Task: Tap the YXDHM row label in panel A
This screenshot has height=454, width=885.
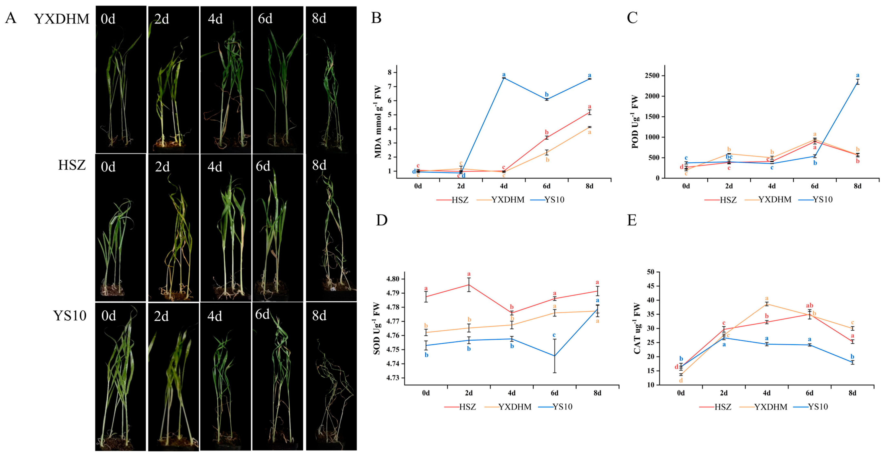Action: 62,19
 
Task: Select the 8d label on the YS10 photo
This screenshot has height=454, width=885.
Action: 319,315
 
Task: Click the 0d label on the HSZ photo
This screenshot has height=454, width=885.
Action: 108,167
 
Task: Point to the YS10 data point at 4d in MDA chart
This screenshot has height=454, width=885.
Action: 504,78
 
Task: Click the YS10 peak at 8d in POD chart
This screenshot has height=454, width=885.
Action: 857,82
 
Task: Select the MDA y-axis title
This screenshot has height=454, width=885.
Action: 378,122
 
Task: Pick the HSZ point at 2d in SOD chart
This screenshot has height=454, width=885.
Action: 469,285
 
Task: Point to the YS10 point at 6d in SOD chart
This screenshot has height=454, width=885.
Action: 554,356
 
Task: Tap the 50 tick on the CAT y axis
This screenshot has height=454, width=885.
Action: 650,272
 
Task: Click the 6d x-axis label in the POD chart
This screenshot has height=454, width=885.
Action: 815,186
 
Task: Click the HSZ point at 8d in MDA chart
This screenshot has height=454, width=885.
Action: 589,112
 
